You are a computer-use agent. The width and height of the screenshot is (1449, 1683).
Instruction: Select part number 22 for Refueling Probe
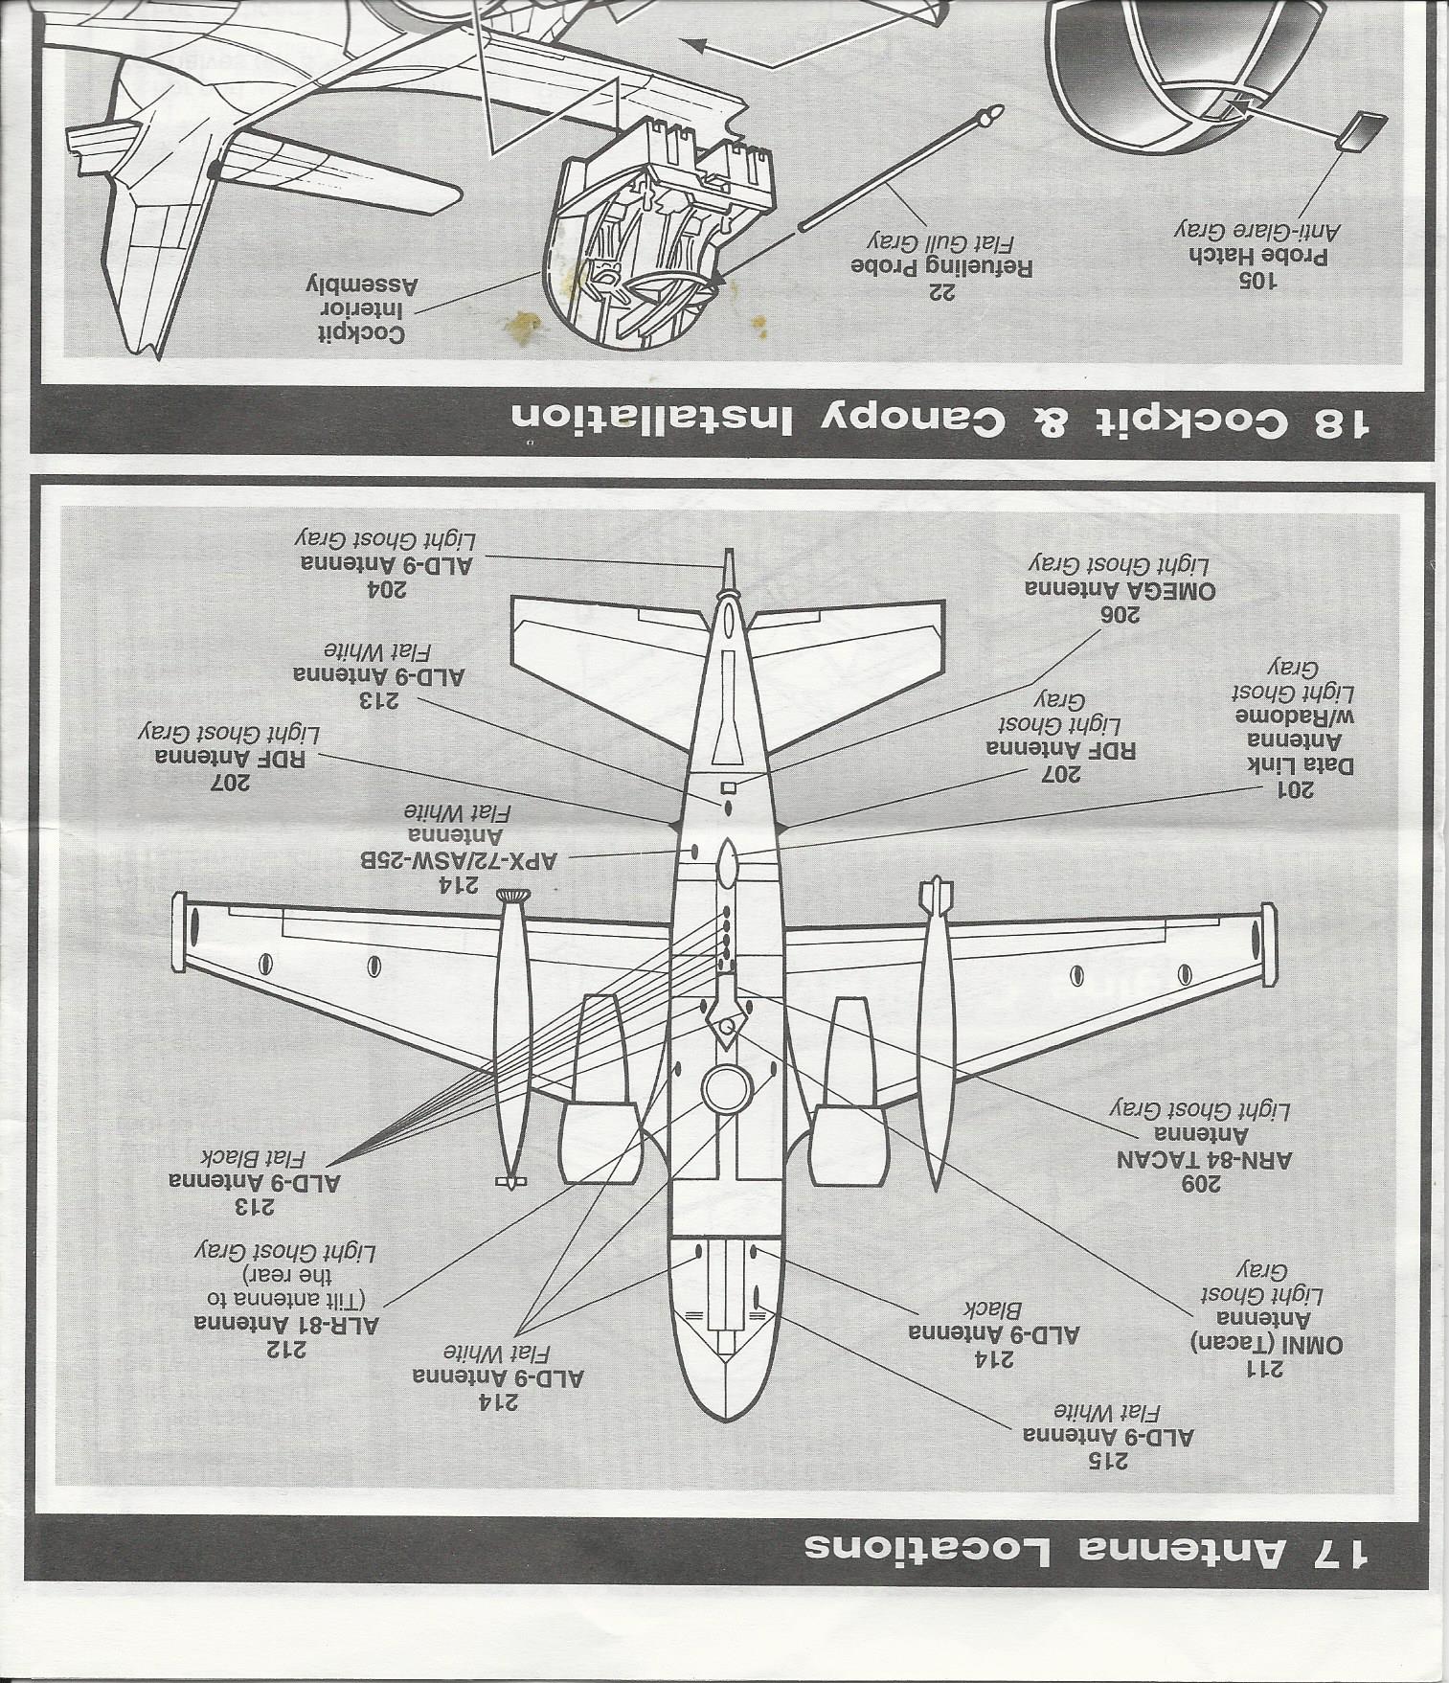pos(943,293)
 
